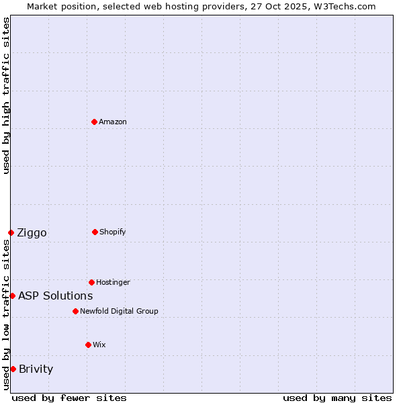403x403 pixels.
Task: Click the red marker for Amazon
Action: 95,122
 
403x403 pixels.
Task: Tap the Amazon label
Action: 113,122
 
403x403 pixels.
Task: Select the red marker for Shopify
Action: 95,232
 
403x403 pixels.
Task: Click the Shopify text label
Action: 113,232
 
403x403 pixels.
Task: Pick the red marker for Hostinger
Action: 91,282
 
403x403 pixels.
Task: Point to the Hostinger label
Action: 113,282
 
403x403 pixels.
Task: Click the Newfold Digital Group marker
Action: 75,311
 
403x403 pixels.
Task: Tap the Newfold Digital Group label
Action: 119,311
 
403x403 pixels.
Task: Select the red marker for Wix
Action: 88,345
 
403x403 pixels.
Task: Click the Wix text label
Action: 99,345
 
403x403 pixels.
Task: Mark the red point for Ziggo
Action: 11,232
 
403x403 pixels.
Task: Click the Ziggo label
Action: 32,233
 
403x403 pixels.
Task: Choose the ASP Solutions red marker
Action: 12,296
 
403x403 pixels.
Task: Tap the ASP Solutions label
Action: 55,296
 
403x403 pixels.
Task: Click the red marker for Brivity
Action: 13,369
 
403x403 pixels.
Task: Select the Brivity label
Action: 36,369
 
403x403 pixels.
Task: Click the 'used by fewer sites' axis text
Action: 69,398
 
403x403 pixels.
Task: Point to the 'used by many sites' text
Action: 337,398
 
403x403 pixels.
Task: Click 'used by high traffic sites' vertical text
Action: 6,95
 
